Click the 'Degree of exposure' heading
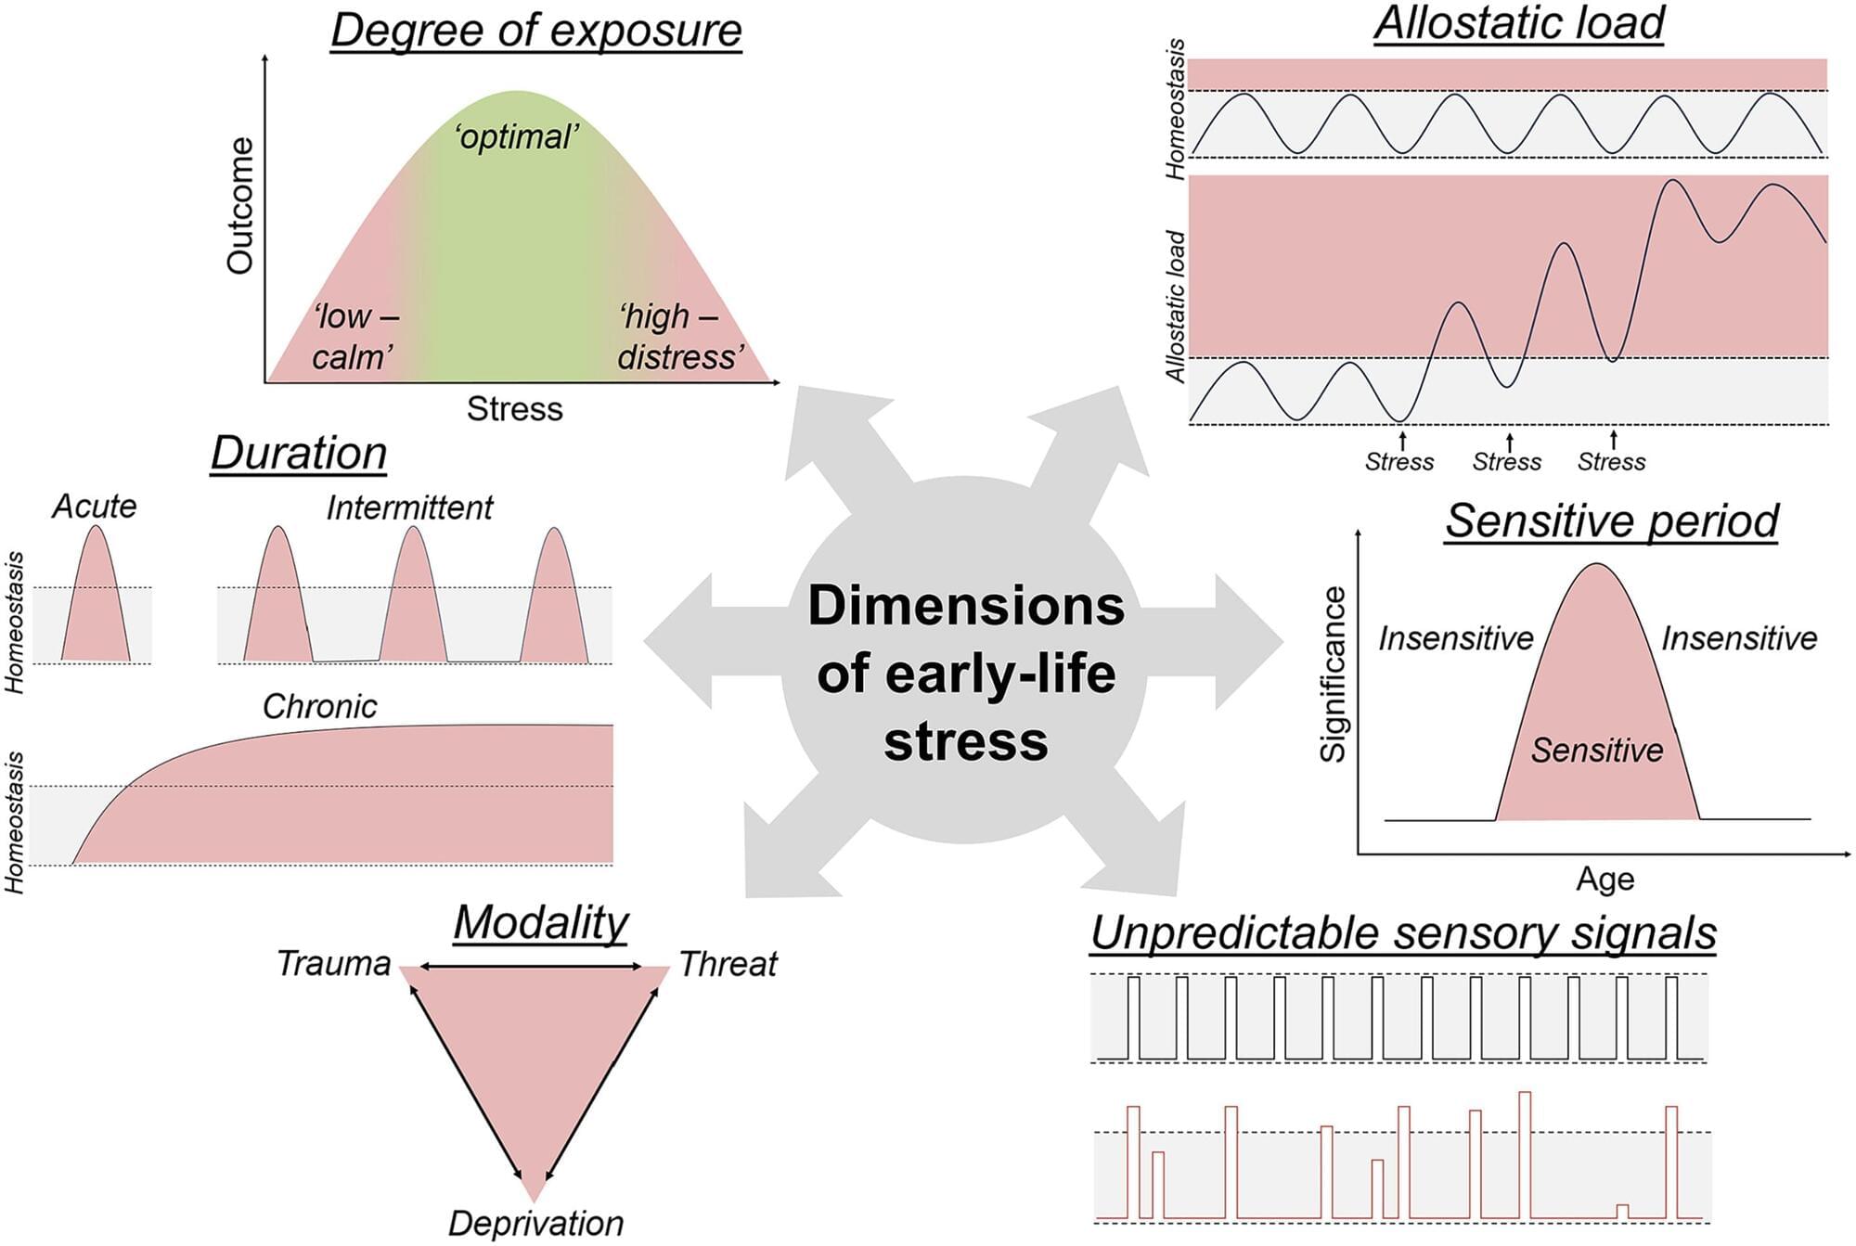click(x=536, y=31)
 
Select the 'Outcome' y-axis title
click(x=240, y=206)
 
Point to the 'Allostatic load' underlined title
click(x=1519, y=24)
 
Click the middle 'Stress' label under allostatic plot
click(x=1506, y=461)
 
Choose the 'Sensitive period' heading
click(x=1612, y=521)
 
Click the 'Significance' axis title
click(x=1334, y=674)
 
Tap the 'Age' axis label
click(x=1605, y=879)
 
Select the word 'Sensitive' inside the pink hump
click(x=1596, y=750)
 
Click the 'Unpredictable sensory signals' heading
click(x=1403, y=933)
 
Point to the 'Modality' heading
click(x=541, y=923)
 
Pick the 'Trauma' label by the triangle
click(x=334, y=964)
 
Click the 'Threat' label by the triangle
click(x=728, y=964)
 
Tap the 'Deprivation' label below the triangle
click(x=535, y=1224)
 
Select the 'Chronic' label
click(x=320, y=707)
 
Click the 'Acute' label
click(x=94, y=507)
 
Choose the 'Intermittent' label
click(x=409, y=507)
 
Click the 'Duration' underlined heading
click(x=298, y=454)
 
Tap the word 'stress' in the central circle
click(x=965, y=742)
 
